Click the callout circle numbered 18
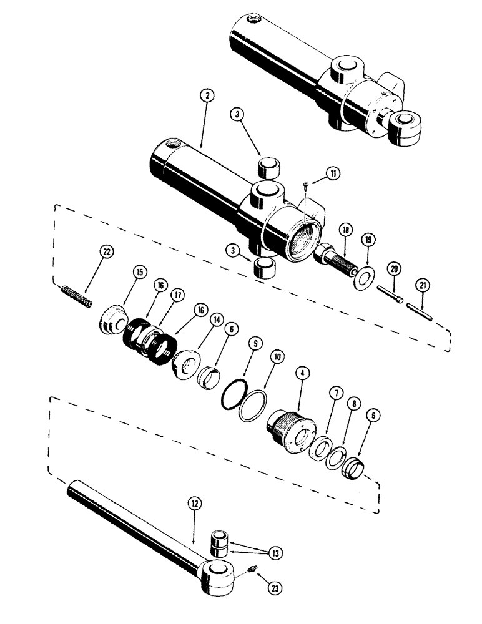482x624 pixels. tap(345, 231)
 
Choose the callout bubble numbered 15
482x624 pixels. tap(139, 272)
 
